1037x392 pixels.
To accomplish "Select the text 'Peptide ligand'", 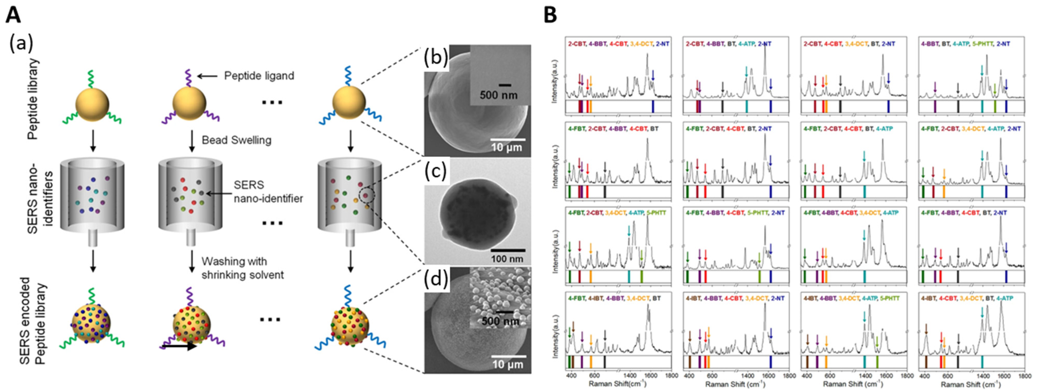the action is point(259,75).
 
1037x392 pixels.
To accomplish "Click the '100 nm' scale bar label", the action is point(507,258).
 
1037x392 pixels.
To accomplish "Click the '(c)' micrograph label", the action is point(436,171).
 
